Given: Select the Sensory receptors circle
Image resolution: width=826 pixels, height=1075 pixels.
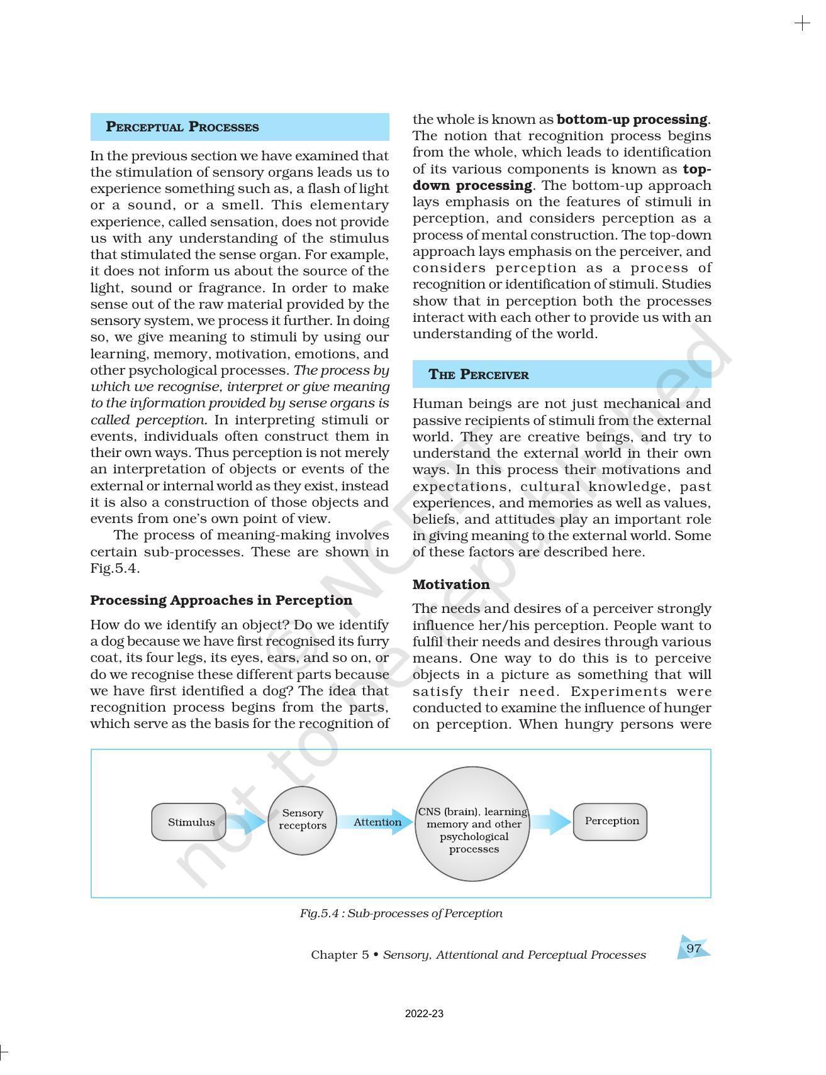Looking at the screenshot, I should [x=303, y=820].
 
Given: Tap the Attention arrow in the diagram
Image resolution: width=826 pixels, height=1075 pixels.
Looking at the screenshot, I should [x=376, y=822].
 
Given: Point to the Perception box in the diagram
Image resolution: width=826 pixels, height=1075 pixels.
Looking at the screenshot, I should [x=610, y=821].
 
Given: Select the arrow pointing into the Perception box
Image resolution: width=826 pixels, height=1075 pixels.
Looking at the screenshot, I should [x=552, y=822].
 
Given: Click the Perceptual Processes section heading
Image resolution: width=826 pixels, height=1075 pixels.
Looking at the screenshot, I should [x=182, y=127].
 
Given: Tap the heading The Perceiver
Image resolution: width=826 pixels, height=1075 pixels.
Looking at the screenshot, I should [x=479, y=375].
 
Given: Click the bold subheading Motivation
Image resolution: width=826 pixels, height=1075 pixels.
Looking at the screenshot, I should [x=451, y=585].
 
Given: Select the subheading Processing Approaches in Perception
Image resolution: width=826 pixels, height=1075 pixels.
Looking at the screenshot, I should [x=221, y=600].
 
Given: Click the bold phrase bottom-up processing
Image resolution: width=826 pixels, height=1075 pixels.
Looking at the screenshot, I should [x=632, y=119].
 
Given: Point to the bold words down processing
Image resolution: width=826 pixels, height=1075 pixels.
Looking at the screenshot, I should [x=472, y=185].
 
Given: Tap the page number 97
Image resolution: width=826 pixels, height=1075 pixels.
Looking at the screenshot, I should [x=693, y=948].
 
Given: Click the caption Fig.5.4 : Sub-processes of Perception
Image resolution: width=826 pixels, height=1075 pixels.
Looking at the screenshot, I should [x=401, y=913].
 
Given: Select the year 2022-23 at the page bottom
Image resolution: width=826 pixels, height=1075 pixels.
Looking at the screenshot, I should [x=424, y=1013].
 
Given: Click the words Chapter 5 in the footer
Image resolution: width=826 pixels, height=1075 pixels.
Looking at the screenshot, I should [x=340, y=955].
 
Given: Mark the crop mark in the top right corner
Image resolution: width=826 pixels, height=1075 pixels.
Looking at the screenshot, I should [x=802, y=24].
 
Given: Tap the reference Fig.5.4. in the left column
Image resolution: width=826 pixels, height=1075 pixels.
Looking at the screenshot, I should [x=114, y=568].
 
